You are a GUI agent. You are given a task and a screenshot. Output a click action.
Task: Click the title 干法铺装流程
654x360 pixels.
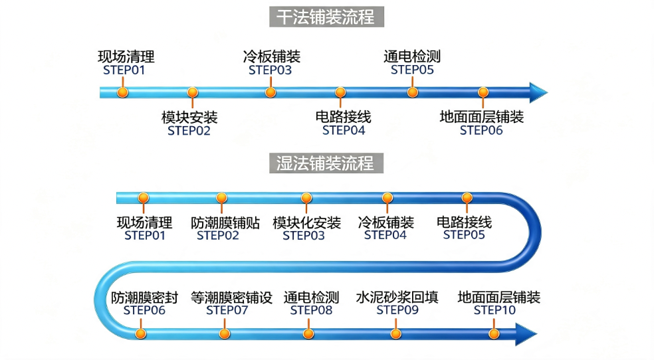tap(326, 17)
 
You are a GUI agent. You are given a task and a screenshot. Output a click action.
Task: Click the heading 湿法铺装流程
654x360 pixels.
tap(326, 163)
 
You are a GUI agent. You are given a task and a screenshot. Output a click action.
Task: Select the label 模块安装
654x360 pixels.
tap(190, 118)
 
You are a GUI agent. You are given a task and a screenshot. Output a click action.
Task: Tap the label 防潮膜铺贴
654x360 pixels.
tap(225, 223)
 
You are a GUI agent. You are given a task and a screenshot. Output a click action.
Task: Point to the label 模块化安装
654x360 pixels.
tap(306, 223)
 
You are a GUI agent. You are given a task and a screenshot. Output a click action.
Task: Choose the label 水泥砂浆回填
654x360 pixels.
tap(397, 298)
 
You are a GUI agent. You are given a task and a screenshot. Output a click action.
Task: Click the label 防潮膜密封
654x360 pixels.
tap(144, 298)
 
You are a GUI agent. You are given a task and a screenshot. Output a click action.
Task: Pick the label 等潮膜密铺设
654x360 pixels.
tap(231, 298)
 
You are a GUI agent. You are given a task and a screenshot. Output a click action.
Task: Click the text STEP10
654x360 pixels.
tap(494, 310)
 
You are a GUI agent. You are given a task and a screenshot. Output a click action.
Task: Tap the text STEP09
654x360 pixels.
tap(397, 310)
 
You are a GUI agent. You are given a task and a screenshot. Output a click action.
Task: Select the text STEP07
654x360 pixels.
tap(227, 310)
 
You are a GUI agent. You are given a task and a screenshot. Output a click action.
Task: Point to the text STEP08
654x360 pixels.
tap(311, 310)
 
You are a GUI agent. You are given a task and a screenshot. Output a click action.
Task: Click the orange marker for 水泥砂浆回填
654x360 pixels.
tap(396, 333)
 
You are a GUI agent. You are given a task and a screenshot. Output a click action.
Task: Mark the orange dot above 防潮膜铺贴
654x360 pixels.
tap(221, 197)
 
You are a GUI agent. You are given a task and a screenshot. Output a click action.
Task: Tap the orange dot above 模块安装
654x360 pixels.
tap(192, 92)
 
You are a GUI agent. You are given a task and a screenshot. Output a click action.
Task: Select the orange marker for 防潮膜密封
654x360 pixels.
tap(140, 333)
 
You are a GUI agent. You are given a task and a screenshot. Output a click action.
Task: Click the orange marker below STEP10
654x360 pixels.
tap(494, 333)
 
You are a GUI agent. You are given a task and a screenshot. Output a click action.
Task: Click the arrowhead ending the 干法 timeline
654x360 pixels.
tap(538, 92)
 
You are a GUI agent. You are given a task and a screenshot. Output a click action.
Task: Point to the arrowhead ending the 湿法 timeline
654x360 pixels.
tap(526, 334)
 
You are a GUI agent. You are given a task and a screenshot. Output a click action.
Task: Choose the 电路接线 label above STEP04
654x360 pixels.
tap(343, 117)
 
